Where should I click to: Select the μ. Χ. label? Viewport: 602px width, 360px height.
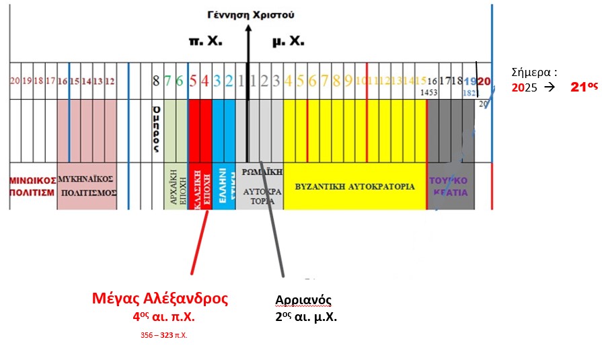(288, 42)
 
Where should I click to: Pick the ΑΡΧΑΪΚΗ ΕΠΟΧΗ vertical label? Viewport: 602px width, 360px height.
(176, 186)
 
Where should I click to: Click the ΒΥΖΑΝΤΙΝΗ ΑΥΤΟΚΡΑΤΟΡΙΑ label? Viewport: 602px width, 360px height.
(354, 185)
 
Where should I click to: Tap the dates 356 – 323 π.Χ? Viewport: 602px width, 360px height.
(159, 334)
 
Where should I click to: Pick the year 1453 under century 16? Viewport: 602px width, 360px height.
(434, 92)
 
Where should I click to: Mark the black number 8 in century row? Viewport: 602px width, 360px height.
(156, 81)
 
